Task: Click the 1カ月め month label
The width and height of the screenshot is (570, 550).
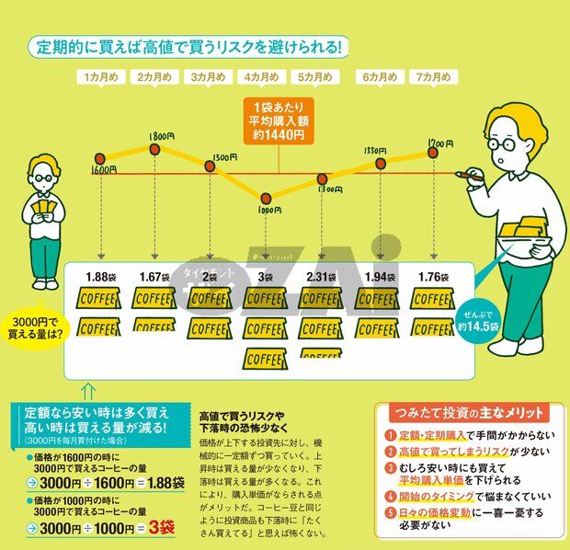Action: coord(100,77)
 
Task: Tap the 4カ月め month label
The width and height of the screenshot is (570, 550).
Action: coord(264,77)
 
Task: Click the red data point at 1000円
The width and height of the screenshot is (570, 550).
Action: coord(266,198)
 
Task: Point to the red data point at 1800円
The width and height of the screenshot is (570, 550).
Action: coord(155,148)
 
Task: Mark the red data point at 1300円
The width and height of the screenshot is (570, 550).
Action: coord(322,179)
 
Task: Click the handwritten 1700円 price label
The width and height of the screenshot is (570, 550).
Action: coord(439,144)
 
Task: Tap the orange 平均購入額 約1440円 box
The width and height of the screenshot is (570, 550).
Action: coord(276,121)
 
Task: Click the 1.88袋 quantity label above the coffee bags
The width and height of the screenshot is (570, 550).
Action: coord(98,277)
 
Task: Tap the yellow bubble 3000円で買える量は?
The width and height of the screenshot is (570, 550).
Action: coord(34,326)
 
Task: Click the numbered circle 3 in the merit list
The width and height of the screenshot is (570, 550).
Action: coord(390,468)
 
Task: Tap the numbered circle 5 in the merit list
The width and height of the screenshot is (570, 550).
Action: coord(390,512)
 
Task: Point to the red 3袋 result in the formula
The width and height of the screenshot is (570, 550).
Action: coord(160,527)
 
